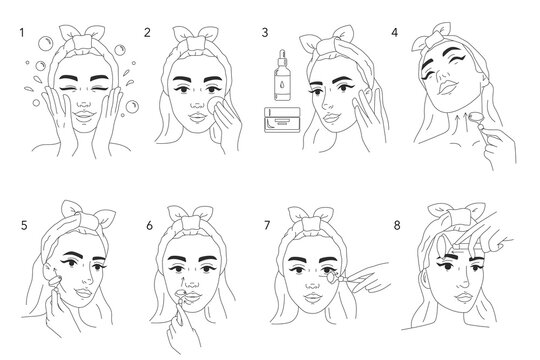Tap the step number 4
(394, 33)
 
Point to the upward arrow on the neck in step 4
(457, 123)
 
